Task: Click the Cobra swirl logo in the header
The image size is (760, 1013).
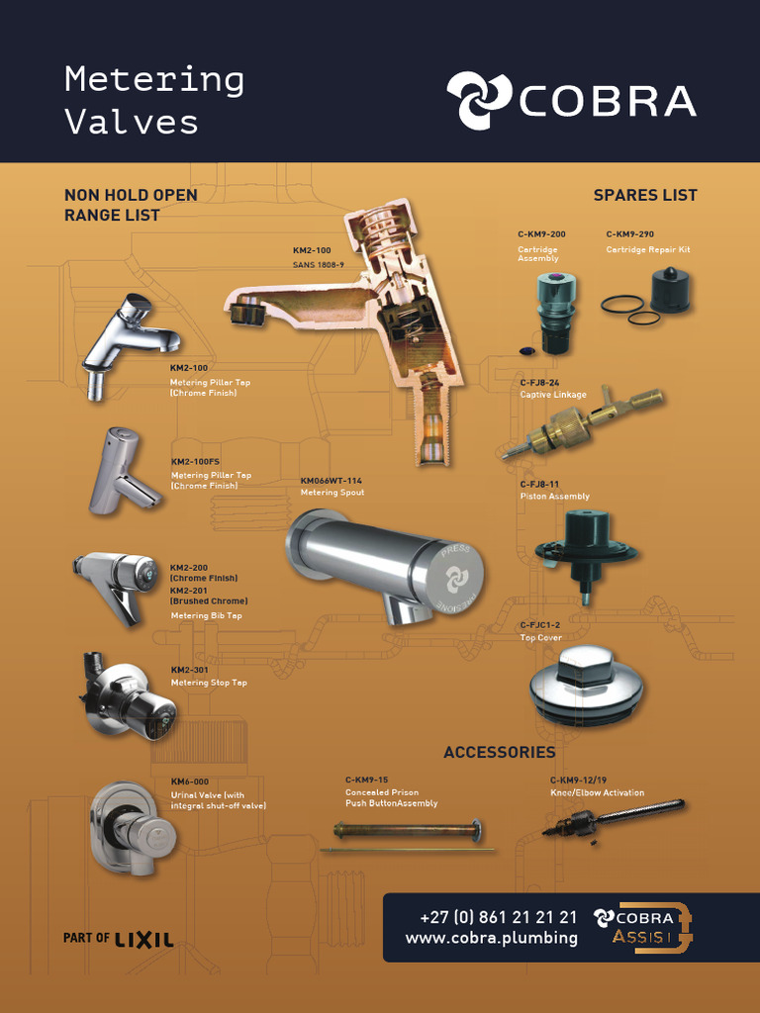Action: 479,101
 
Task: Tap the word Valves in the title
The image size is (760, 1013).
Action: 132,122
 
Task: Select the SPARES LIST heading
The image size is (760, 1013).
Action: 645,196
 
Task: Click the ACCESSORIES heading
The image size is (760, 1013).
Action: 500,753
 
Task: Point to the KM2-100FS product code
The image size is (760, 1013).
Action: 196,462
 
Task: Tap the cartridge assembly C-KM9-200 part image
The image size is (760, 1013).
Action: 556,310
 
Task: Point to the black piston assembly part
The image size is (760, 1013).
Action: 585,545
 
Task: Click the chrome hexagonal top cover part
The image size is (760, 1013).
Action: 586,684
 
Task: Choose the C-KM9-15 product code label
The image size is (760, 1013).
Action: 366,780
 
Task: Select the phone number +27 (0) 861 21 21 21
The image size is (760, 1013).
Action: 498,918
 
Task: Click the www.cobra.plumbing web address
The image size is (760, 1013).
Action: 491,938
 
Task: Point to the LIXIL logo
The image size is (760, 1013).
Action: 143,938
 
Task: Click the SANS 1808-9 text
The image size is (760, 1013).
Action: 318,265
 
